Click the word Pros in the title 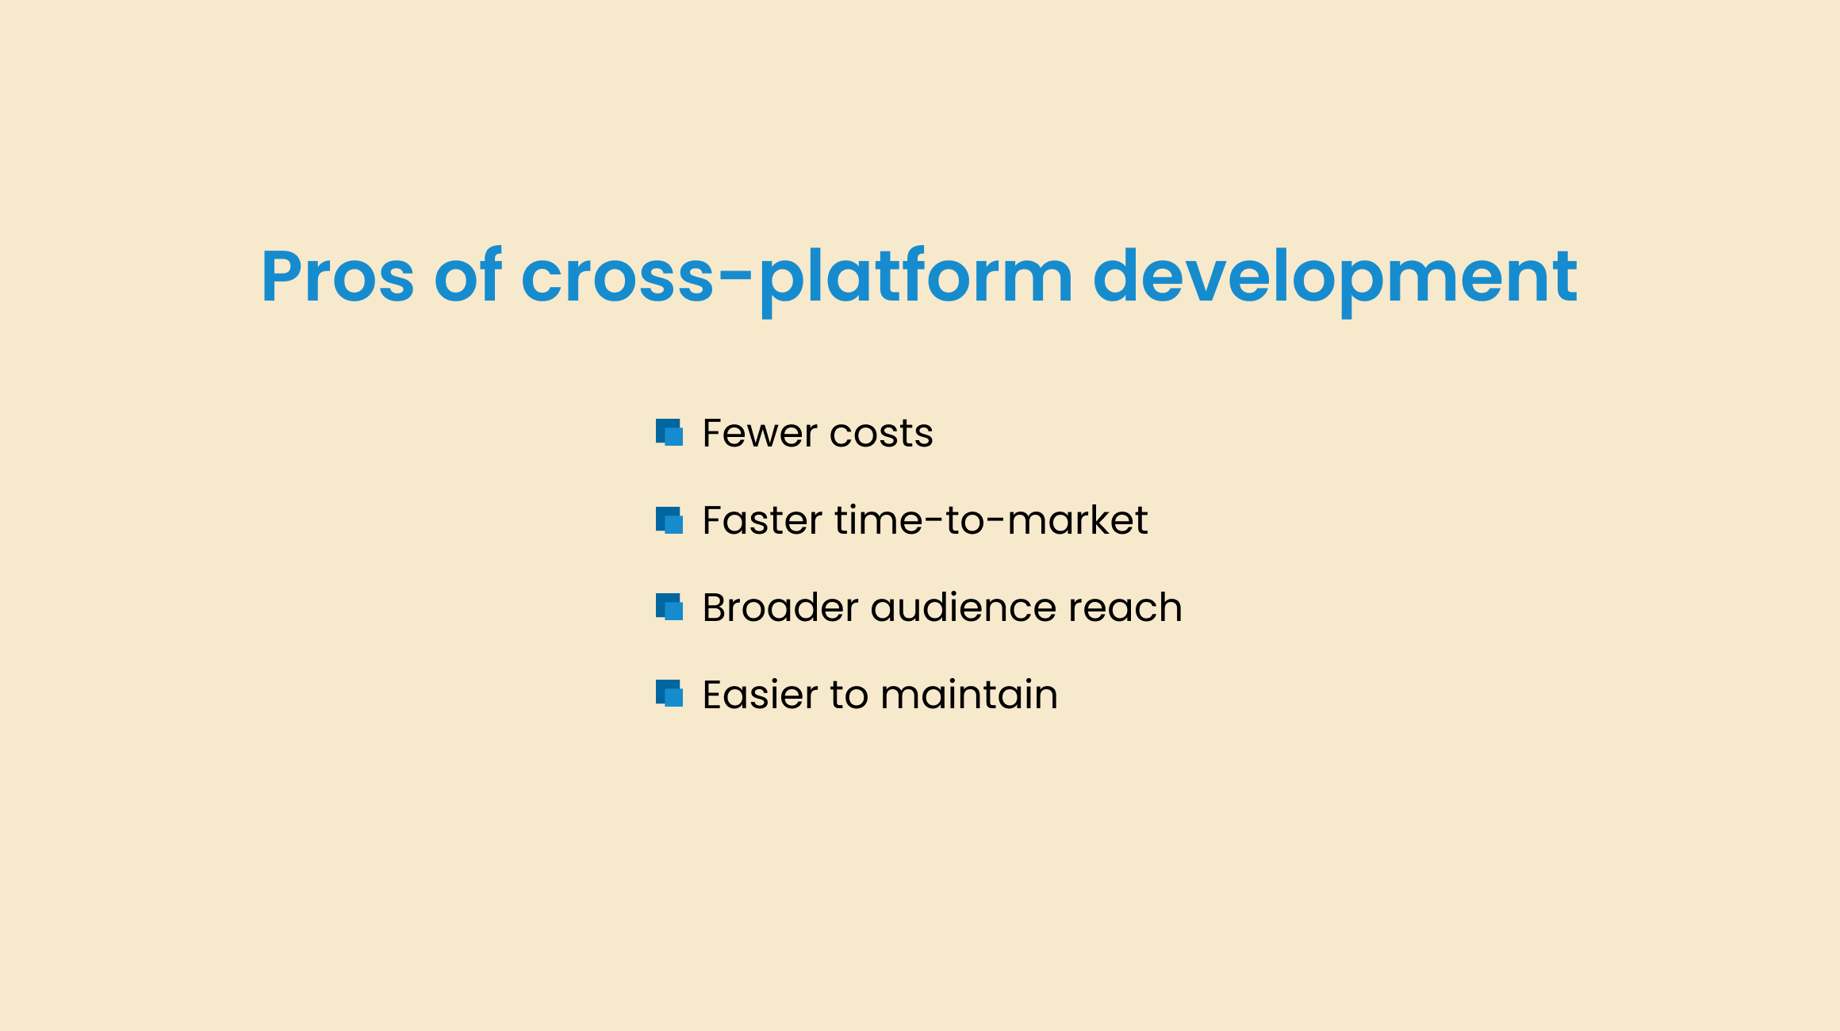coord(338,276)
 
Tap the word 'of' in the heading coord(468,274)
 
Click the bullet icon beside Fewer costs coord(669,433)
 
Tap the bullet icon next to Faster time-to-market coord(669,520)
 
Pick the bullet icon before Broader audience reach coord(669,607)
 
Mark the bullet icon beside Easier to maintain coord(669,693)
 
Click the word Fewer coord(760,433)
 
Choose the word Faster coord(762,520)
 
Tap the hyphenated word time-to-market coord(991,520)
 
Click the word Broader coord(780,607)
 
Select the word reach coord(1125,607)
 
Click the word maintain coord(969,695)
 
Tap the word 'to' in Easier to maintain coord(849,696)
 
